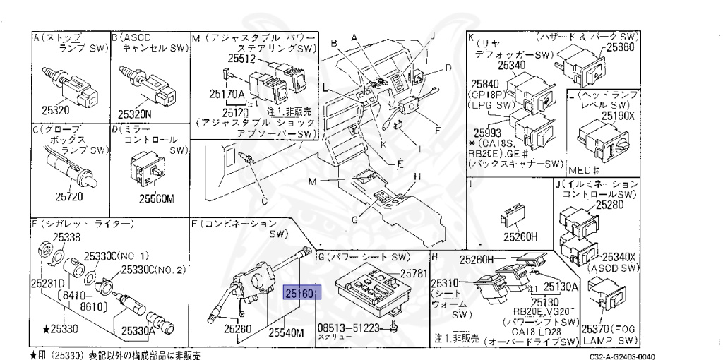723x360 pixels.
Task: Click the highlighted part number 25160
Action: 302,292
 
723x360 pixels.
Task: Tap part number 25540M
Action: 285,331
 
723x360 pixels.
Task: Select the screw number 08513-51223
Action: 349,328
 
